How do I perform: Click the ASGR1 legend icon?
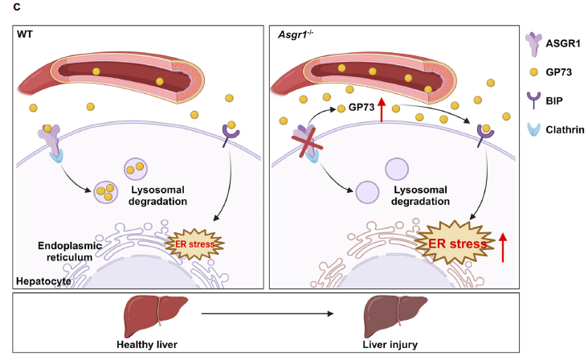[534, 40]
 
